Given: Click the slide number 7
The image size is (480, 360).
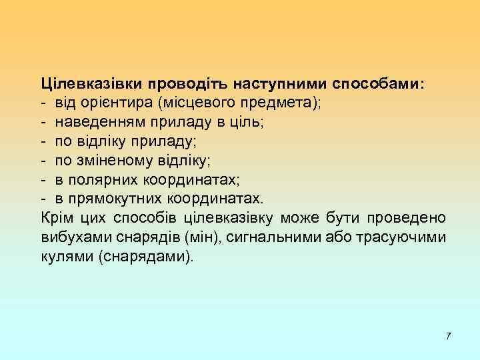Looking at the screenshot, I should pos(448,335).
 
